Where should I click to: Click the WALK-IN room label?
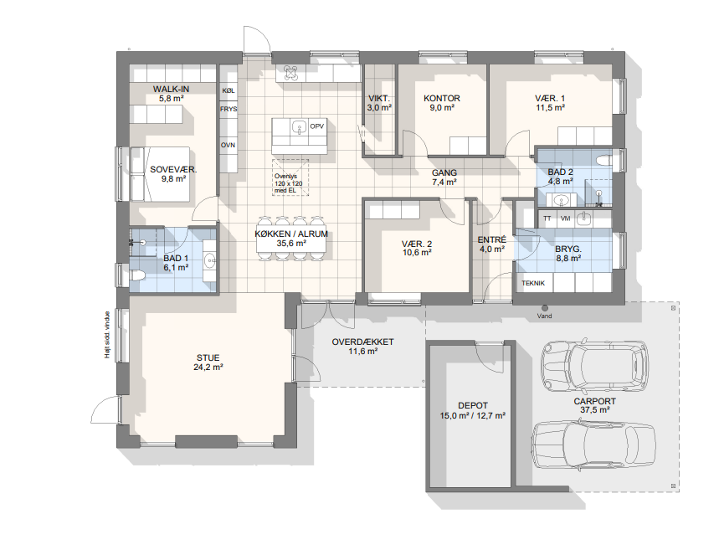[171, 89]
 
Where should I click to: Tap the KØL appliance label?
[229, 90]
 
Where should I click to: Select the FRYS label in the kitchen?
[229, 109]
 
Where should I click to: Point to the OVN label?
[228, 145]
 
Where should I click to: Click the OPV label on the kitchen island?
[317, 126]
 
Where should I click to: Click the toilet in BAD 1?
[137, 275]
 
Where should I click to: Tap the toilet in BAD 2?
[603, 160]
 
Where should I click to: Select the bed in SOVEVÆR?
[160, 174]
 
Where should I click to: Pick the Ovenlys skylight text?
[288, 183]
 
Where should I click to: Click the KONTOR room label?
[442, 98]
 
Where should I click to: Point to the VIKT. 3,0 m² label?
[379, 103]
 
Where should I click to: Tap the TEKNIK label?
[533, 283]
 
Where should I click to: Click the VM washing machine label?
[565, 218]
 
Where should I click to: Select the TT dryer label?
[547, 218]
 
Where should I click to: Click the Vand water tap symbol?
[545, 308]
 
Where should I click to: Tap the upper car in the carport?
[595, 365]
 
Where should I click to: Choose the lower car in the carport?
[594, 445]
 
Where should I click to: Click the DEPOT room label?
[473, 405]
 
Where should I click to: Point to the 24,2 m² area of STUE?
[208, 367]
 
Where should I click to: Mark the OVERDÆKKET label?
[362, 342]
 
